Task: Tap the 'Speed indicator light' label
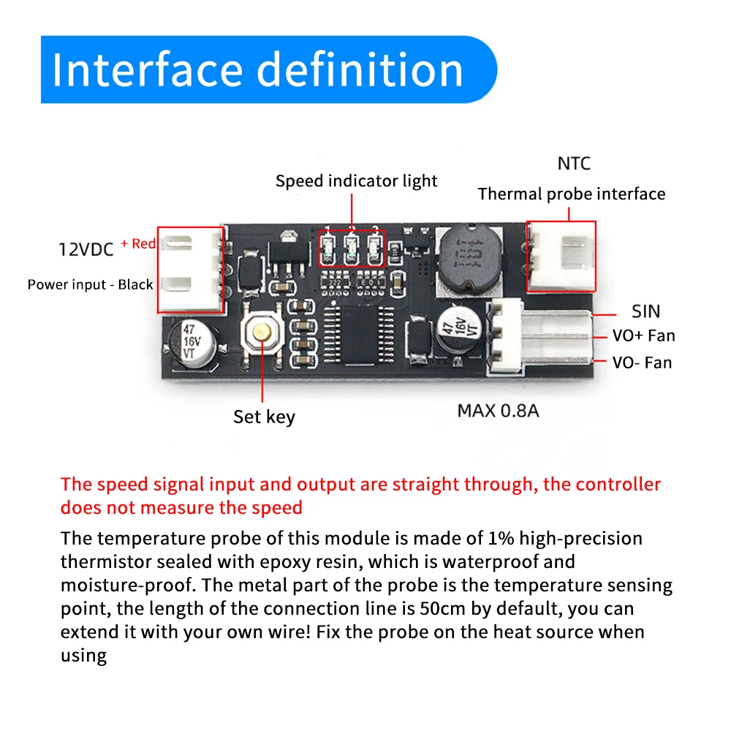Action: coord(356,181)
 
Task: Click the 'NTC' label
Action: coord(573,163)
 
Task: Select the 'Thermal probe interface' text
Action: coord(572,194)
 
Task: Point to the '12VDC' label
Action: coord(86,249)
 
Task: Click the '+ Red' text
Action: coord(138,243)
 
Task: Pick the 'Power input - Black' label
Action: coord(90,284)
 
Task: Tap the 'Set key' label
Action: coord(264,417)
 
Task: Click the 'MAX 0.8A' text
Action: coord(498,410)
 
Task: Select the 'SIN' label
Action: coord(645,311)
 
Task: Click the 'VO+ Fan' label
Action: coord(643,336)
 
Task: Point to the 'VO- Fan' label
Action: coord(642,362)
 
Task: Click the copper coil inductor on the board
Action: coord(468,257)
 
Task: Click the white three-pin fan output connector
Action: coord(541,336)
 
